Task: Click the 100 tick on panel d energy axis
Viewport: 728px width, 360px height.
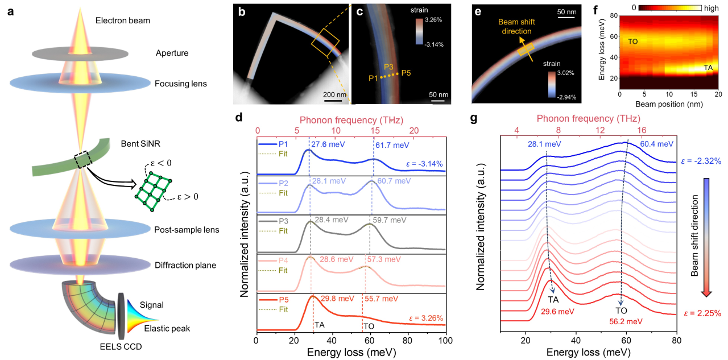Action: [445, 341]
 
